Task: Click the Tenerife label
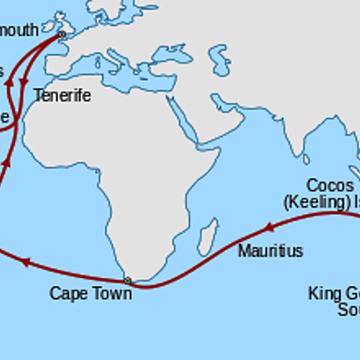(x=62, y=95)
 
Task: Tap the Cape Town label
(x=90, y=292)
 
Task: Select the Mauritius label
(x=270, y=251)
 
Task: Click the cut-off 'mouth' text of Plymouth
(x=20, y=30)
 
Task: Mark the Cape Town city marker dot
(x=127, y=281)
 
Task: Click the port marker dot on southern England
(x=62, y=35)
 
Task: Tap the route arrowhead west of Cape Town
(x=25, y=262)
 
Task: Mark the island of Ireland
(x=45, y=22)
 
